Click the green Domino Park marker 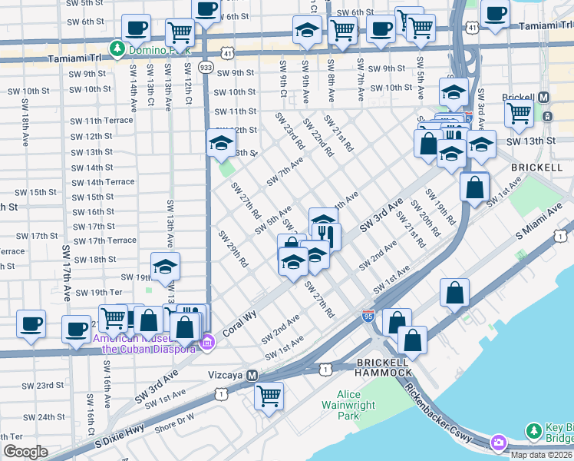tap(117, 49)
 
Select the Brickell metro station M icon tap(544, 98)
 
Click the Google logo tap(25, 452)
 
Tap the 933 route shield tap(206, 67)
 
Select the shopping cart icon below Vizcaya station tap(269, 396)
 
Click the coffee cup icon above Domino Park tap(137, 28)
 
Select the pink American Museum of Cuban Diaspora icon tap(206, 342)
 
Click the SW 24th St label tap(38, 417)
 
